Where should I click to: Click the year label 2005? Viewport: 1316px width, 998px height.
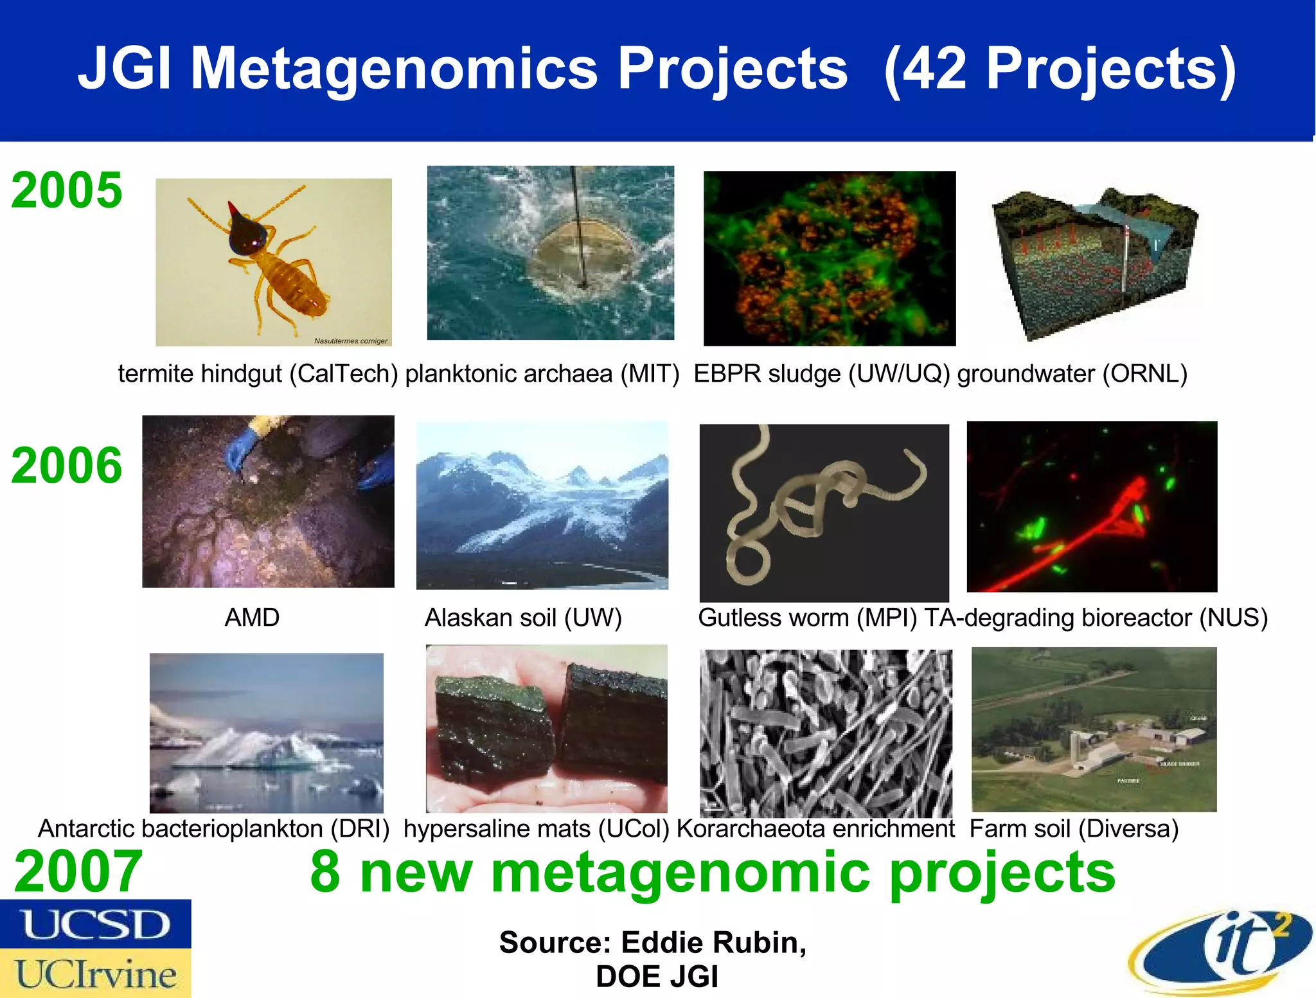tap(66, 190)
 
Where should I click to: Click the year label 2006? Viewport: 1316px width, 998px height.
tap(66, 465)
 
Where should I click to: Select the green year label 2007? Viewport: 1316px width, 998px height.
tap(78, 871)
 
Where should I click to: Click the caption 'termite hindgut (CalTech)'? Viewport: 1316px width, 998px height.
tap(258, 373)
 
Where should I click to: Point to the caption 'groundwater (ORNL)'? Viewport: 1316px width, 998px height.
tap(1072, 373)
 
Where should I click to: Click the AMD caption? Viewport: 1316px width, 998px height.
tap(252, 618)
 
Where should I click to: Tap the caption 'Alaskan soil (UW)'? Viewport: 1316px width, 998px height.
tap(523, 618)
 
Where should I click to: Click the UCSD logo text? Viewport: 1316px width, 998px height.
tap(95, 924)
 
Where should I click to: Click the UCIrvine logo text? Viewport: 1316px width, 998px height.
tap(95, 974)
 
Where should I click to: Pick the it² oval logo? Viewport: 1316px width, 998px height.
tap(1221, 951)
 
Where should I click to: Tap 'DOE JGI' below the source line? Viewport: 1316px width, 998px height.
tap(657, 977)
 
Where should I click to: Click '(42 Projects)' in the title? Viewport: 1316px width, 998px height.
tap(1060, 68)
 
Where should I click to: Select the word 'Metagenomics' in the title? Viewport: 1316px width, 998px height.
tap(394, 68)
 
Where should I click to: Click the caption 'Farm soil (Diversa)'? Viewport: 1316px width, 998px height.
tap(1074, 828)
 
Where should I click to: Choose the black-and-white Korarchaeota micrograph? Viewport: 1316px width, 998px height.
tap(826, 733)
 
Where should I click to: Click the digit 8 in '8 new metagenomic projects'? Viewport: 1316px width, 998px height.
tap(325, 871)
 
